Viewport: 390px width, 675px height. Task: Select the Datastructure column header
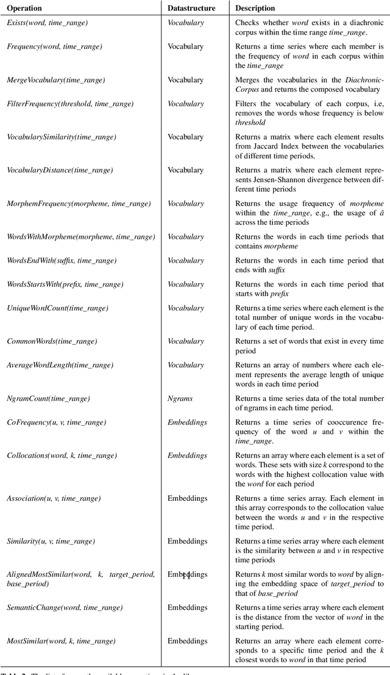click(x=191, y=9)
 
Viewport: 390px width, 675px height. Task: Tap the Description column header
click(x=255, y=9)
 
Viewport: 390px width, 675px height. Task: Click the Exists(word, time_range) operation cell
click(x=47, y=23)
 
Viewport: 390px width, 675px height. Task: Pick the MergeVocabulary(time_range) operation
click(x=55, y=80)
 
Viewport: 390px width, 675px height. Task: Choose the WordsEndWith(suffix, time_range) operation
click(x=61, y=261)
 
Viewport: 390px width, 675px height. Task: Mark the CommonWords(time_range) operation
click(x=52, y=341)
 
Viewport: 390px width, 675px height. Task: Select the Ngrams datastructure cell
click(x=180, y=398)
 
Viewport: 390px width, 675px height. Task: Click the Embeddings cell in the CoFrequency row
click(x=187, y=422)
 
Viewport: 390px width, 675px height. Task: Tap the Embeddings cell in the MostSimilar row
click(x=187, y=641)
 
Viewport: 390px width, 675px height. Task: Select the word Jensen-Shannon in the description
click(x=266, y=180)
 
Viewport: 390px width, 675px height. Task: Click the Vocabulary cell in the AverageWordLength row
click(x=185, y=365)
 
